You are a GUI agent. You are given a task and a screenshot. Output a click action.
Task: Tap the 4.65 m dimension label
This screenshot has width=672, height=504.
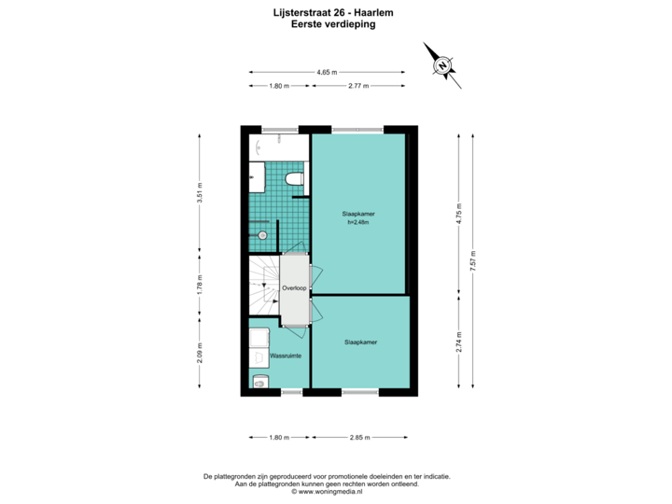(x=327, y=72)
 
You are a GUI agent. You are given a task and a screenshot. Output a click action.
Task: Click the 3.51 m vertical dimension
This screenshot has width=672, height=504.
(x=199, y=192)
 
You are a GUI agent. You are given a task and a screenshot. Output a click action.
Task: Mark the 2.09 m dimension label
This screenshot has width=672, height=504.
(x=199, y=353)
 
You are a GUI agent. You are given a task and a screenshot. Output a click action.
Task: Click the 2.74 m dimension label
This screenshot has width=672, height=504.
(x=459, y=341)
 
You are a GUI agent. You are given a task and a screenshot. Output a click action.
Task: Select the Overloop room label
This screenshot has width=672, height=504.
(x=295, y=289)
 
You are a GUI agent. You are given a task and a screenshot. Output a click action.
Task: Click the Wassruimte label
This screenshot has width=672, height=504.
(x=286, y=357)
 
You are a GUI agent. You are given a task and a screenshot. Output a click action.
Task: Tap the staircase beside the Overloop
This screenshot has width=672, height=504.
(x=264, y=289)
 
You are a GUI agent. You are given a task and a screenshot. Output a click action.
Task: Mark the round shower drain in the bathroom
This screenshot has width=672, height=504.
(x=262, y=235)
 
